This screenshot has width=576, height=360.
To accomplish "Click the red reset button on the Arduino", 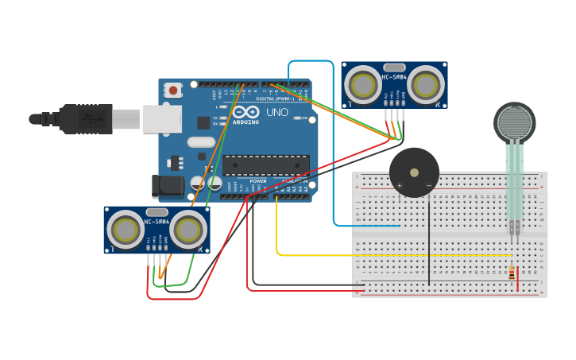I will tap(173, 91).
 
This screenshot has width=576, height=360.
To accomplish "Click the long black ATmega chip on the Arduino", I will tap(265, 165).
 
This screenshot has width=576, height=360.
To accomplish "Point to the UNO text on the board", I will tap(277, 112).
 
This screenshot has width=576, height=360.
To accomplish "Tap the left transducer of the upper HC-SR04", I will tap(363, 84).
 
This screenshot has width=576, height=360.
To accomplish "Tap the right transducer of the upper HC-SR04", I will tap(427, 84).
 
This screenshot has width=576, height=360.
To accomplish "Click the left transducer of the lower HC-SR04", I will tap(126, 230).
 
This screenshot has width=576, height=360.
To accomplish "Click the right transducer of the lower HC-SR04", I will tap(188, 230).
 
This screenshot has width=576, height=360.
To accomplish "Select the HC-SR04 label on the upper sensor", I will tap(394, 77).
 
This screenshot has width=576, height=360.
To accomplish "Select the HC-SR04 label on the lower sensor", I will tap(157, 222).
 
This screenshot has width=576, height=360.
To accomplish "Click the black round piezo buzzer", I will tap(414, 172).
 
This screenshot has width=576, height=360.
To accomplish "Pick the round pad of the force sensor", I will tap(514, 122).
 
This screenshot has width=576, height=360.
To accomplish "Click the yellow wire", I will tap(358, 255).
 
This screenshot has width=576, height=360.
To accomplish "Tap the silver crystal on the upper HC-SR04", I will tap(394, 68).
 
